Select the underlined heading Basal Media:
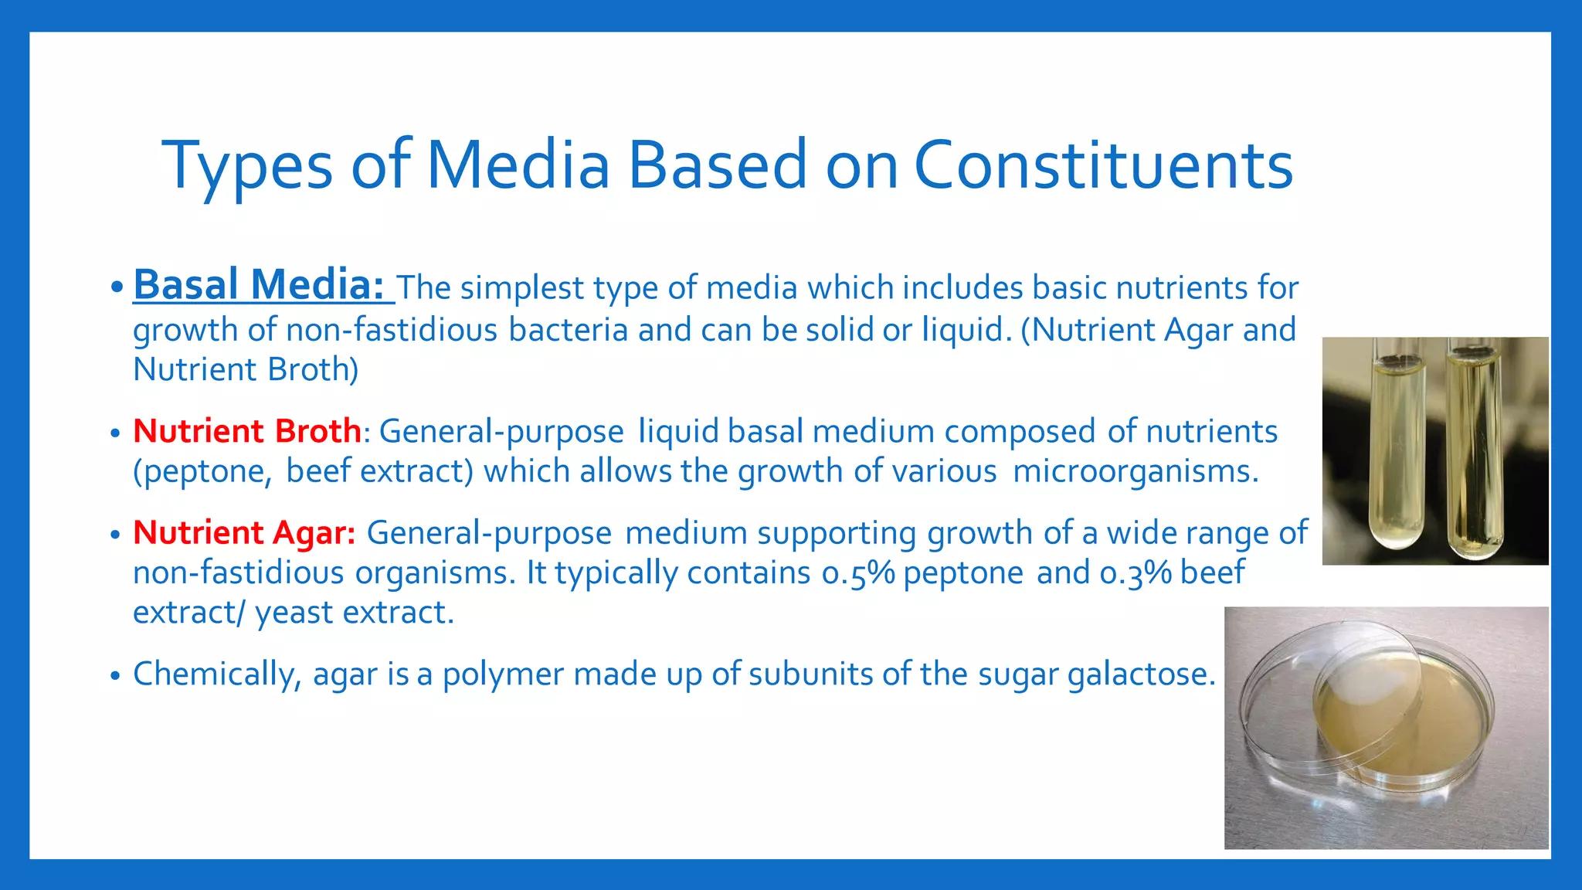point(260,285)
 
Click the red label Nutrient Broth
point(247,431)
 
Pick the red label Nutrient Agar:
point(244,533)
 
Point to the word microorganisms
point(1135,471)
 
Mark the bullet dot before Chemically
point(115,676)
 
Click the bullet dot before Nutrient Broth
point(115,433)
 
